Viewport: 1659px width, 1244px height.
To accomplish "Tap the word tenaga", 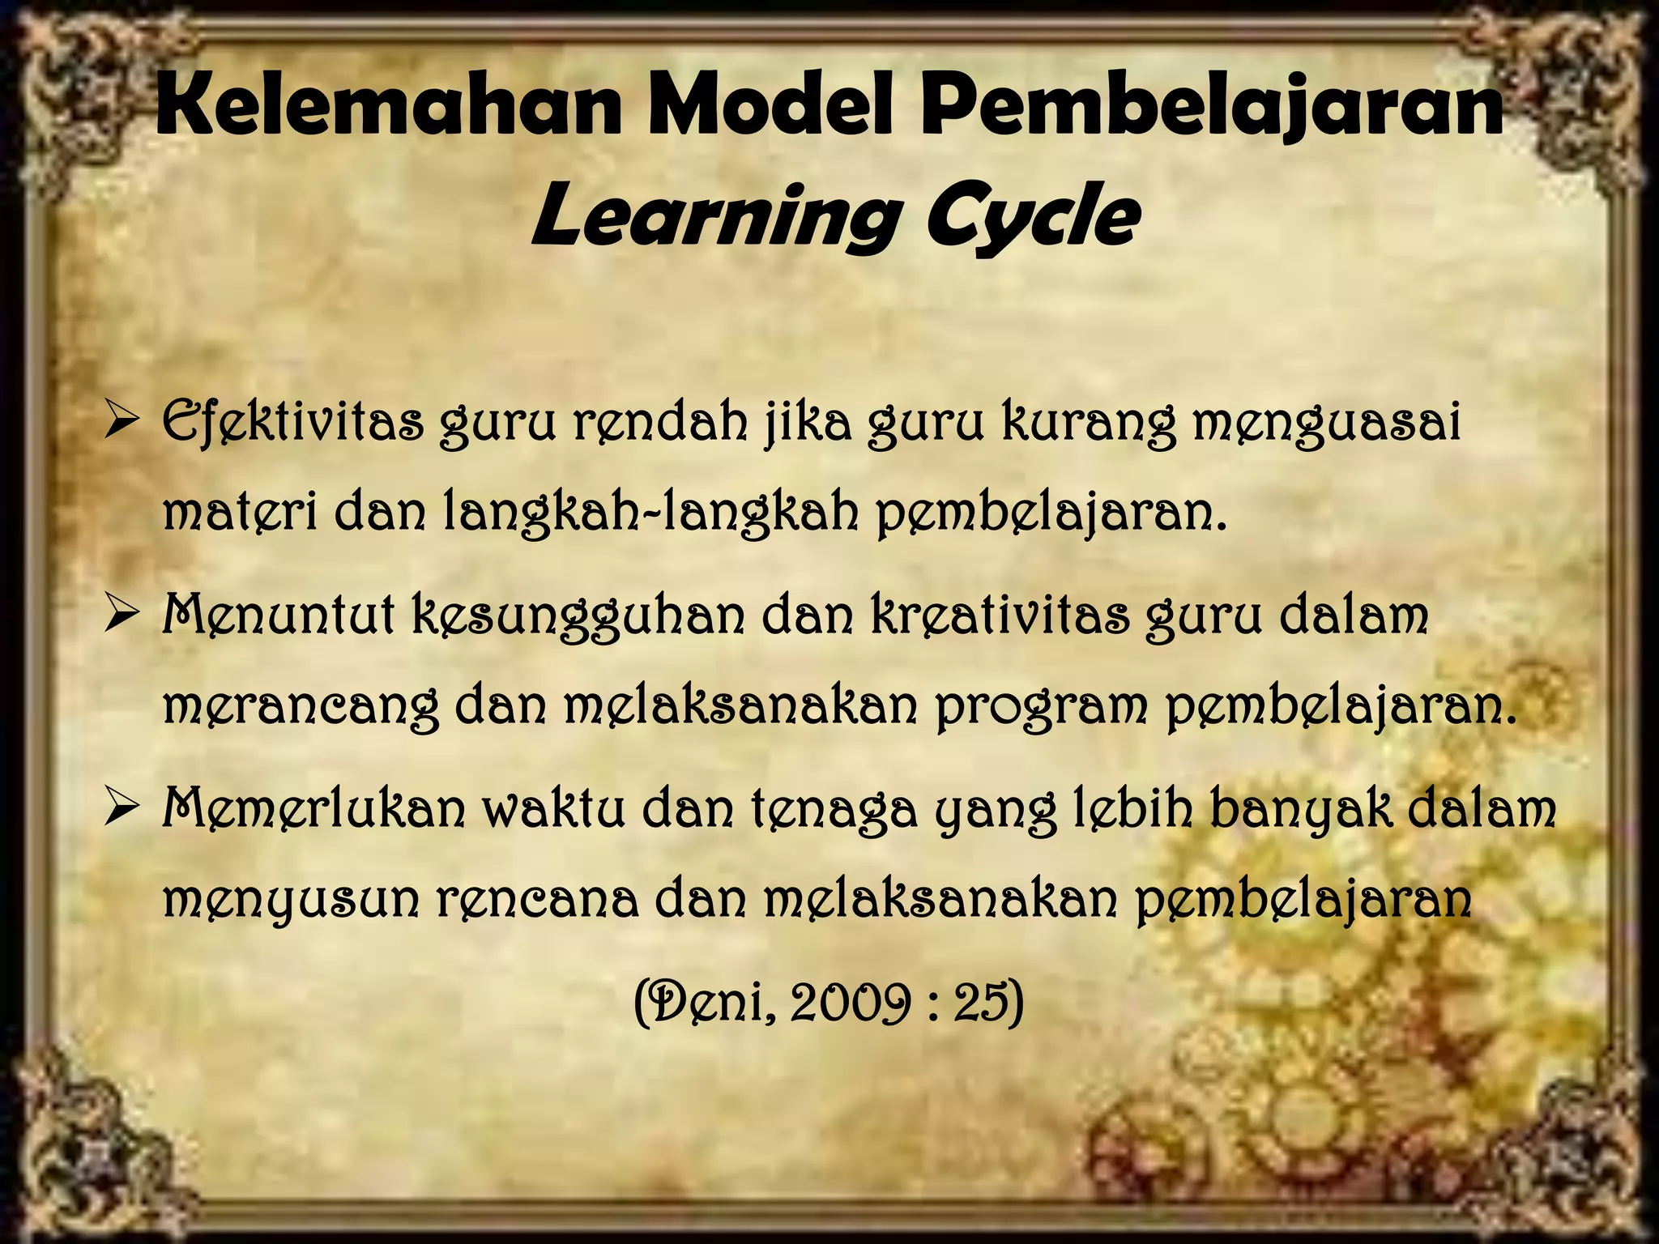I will pos(834,810).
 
